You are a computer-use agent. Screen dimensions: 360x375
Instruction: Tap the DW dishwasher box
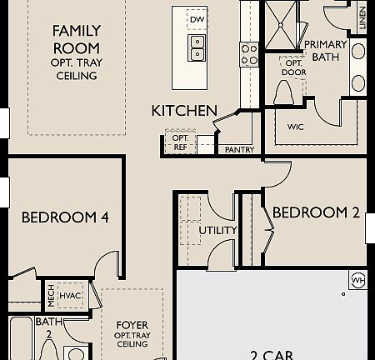click(197, 19)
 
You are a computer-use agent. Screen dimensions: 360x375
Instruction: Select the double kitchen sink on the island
click(198, 48)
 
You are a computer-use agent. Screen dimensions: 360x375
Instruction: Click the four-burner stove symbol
click(249, 54)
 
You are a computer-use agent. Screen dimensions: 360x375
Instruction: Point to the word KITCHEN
click(184, 110)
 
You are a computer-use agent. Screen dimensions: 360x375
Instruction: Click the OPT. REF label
click(180, 142)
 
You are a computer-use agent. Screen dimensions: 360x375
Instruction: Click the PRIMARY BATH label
click(325, 50)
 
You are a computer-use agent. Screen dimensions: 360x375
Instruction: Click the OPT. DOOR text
click(294, 67)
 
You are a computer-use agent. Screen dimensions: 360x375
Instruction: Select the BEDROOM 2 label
click(316, 212)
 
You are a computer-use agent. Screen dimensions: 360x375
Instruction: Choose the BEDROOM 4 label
click(65, 217)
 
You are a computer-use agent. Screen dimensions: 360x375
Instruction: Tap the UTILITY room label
click(217, 230)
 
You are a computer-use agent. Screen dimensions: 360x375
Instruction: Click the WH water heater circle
click(358, 278)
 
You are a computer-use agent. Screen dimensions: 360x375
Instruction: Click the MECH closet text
click(51, 293)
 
